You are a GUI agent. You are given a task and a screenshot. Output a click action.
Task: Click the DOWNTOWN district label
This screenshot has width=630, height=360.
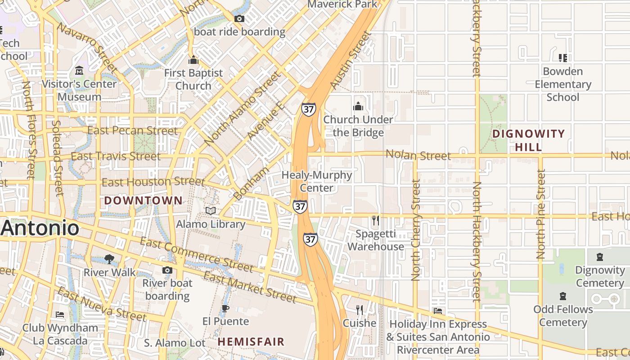(x=144, y=201)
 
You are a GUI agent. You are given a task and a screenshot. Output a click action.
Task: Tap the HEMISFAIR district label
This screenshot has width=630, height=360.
(x=251, y=342)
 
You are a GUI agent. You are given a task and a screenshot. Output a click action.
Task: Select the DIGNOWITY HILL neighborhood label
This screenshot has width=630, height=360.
(x=528, y=140)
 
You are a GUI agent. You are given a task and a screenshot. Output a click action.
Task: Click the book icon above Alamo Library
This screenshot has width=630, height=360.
(x=210, y=211)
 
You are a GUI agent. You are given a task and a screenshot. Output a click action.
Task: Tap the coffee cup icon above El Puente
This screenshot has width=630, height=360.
(x=225, y=308)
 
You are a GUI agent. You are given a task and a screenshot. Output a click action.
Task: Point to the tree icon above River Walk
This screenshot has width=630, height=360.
(x=108, y=259)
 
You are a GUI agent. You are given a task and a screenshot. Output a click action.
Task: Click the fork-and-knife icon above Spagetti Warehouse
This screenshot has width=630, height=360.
(x=376, y=220)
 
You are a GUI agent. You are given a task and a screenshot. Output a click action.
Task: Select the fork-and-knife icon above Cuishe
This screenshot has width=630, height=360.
(x=360, y=310)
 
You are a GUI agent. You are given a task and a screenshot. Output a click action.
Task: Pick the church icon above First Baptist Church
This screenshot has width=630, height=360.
(x=193, y=60)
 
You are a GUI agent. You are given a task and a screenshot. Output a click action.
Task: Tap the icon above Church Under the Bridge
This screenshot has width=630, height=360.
(x=358, y=106)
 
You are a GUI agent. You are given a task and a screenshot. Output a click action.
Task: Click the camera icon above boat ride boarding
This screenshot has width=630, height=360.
(x=239, y=18)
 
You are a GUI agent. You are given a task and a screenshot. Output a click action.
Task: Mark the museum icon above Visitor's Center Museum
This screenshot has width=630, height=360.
(x=79, y=71)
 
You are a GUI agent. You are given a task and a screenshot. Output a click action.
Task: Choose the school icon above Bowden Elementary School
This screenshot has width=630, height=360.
(x=562, y=58)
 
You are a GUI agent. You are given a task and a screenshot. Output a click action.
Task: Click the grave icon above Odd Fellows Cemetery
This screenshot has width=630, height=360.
(x=562, y=296)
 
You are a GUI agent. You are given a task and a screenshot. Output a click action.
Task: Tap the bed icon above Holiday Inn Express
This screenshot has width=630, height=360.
(x=438, y=311)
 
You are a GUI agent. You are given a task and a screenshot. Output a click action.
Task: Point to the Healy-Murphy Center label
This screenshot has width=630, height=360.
(x=317, y=181)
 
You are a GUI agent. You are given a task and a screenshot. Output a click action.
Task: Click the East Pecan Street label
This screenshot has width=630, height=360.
(x=132, y=131)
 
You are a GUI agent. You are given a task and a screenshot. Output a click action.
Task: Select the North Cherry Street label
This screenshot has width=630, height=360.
(x=416, y=229)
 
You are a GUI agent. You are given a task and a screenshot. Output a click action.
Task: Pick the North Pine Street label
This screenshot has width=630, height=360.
(x=541, y=214)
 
